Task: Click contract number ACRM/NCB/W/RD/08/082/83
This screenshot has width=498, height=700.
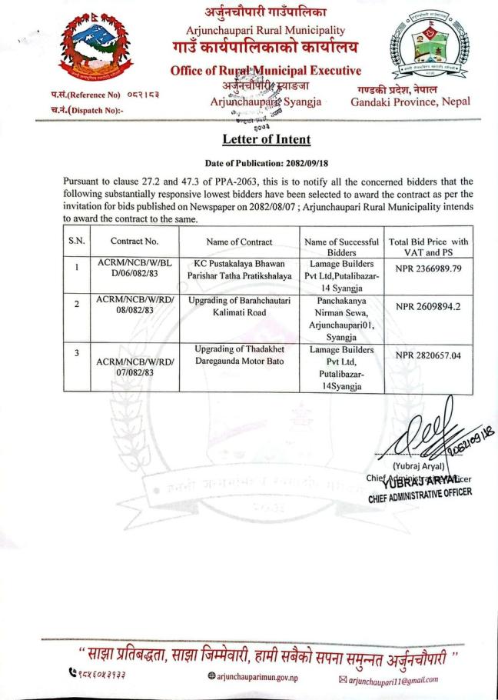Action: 128,303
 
